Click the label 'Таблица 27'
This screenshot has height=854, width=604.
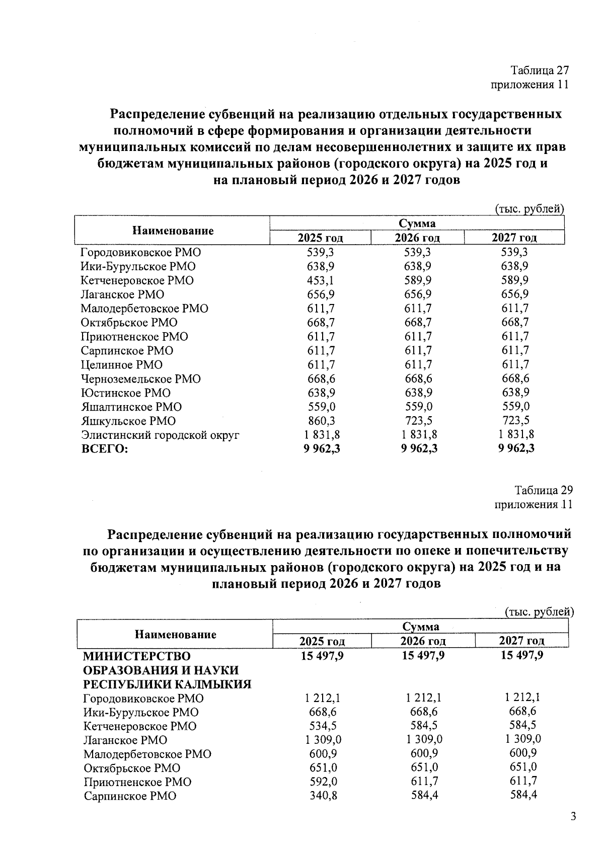pyautogui.click(x=539, y=70)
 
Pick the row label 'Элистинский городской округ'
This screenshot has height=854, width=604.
pyautogui.click(x=160, y=435)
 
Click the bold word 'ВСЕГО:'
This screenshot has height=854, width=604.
pyautogui.click(x=105, y=449)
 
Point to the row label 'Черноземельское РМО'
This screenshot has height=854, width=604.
pyautogui.click(x=140, y=379)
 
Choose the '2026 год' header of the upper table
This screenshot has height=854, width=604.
pyautogui.click(x=417, y=238)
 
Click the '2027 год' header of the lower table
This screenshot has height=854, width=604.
pyautogui.click(x=521, y=641)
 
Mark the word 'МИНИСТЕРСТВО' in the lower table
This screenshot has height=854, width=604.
pyautogui.click(x=137, y=656)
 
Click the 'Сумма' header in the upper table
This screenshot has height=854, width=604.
pyautogui.click(x=417, y=223)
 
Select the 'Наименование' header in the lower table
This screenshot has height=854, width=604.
pyautogui.click(x=175, y=634)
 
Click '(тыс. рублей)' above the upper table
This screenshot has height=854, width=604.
pyautogui.click(x=530, y=209)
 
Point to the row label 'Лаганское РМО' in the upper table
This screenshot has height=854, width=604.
pyautogui.click(x=122, y=294)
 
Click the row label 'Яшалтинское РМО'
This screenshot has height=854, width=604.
pyautogui.click(x=131, y=407)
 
